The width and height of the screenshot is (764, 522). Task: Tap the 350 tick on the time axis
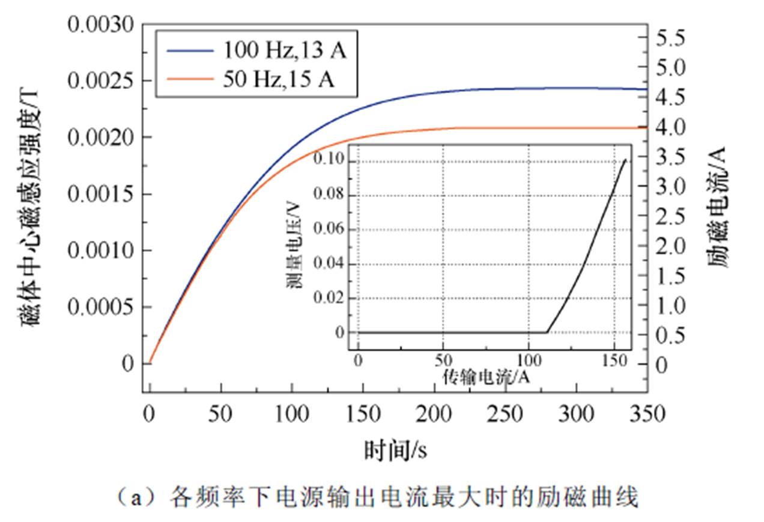647,414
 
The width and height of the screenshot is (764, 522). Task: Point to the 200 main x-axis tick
434,414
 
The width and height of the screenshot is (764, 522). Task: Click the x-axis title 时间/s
396,449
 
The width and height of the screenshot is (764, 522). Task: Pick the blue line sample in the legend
189,51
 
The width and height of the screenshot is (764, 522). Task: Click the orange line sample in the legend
189,79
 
